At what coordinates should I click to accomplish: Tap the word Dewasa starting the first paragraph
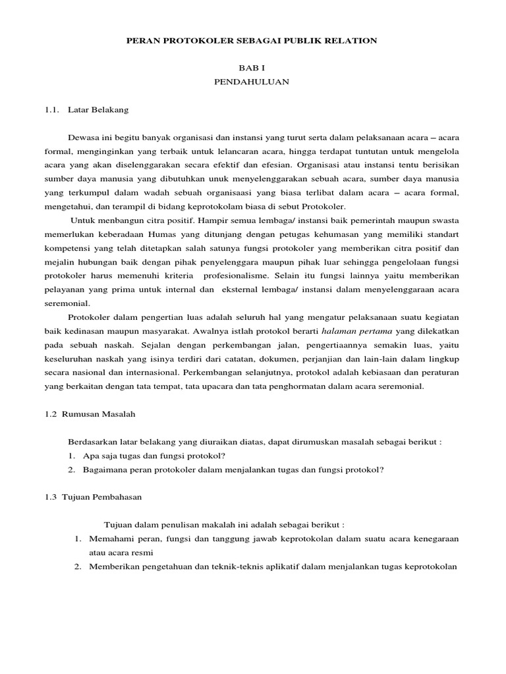click(83, 137)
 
